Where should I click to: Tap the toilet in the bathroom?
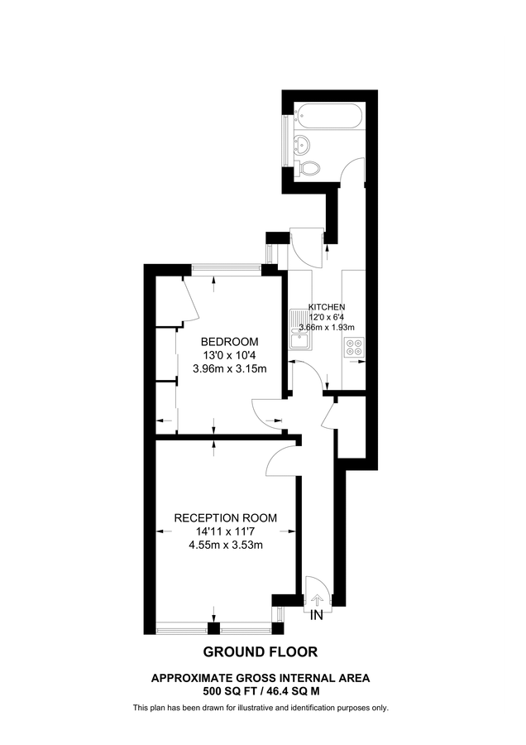pos(310,168)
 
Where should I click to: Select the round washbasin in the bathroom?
pos(304,144)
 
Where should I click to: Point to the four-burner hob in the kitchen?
pos(354,348)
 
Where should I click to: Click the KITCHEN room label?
pos(327,306)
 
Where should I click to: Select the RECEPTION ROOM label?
pos(225,518)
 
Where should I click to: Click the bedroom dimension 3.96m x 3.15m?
pos(230,368)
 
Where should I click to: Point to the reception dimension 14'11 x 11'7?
pos(225,531)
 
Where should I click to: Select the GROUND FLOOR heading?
pos(261,651)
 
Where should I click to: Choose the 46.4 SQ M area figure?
pos(294,690)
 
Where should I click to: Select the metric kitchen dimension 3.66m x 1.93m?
pos(325,328)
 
